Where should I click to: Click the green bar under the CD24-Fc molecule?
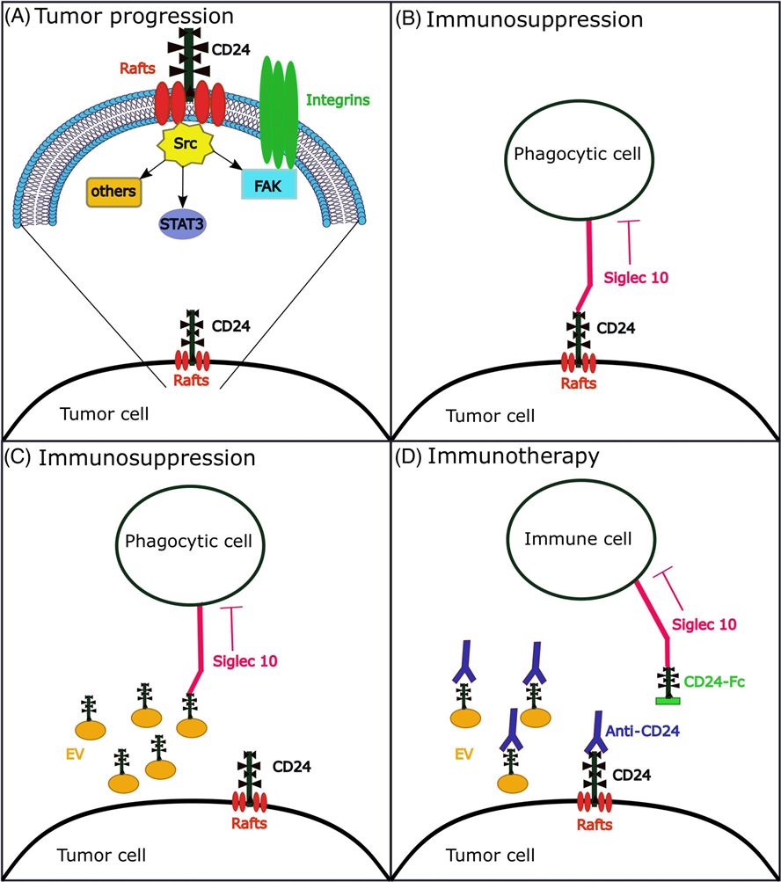click(668, 700)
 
